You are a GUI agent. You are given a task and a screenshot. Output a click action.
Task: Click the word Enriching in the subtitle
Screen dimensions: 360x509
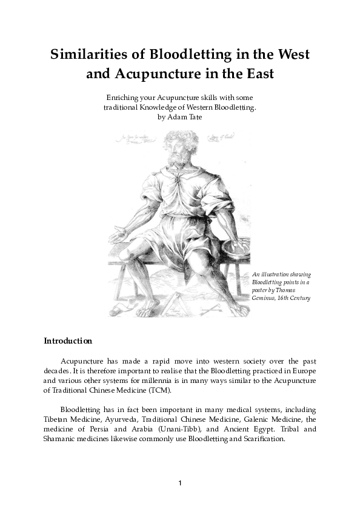[124, 97]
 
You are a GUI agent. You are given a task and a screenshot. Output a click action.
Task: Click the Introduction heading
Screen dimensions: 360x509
[67, 341]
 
